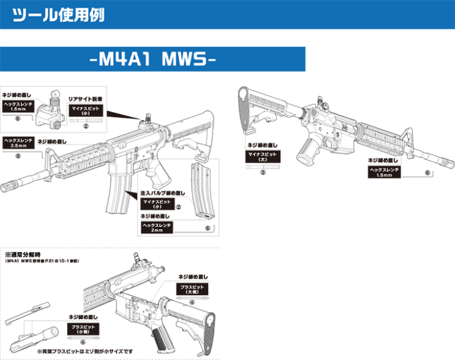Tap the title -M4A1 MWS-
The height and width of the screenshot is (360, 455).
point(152,60)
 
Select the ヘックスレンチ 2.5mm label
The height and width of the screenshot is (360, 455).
point(18,144)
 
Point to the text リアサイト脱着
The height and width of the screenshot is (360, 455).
point(86,98)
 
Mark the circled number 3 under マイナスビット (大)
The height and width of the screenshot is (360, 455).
point(262,172)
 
